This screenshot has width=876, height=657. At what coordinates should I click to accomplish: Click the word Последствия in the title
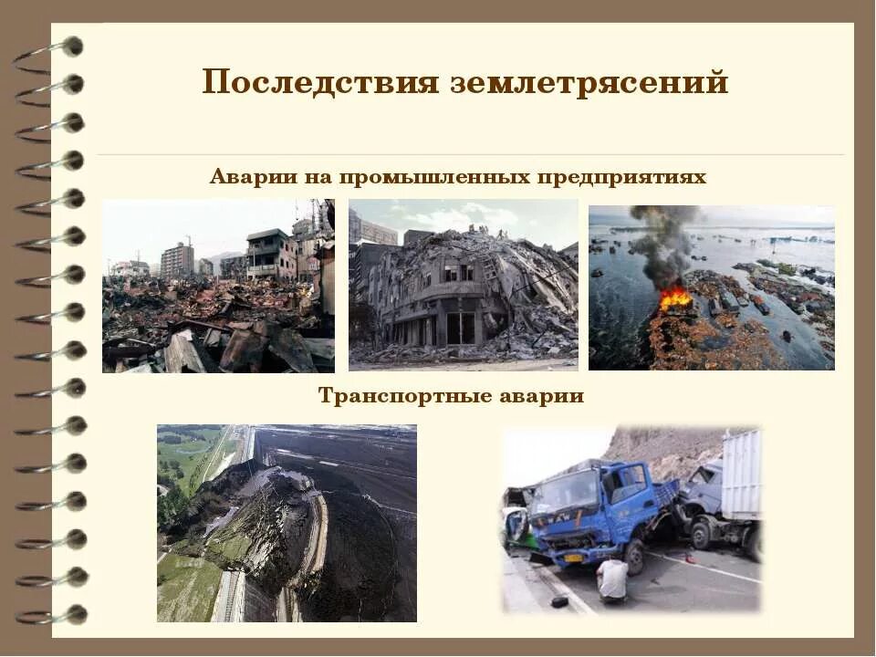click(321, 83)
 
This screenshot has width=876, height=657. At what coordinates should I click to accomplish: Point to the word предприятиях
click(622, 176)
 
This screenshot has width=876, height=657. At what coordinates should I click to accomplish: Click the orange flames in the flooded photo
click(675, 297)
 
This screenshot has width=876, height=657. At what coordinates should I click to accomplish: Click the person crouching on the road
click(612, 579)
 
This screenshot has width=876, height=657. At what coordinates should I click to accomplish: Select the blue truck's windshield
click(567, 493)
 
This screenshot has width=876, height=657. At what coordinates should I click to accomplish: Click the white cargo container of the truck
click(740, 474)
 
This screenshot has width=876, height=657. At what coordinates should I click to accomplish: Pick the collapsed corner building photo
click(464, 285)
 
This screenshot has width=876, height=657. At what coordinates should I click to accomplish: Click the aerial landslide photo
click(287, 523)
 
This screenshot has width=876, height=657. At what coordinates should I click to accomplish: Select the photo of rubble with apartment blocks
click(218, 286)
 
